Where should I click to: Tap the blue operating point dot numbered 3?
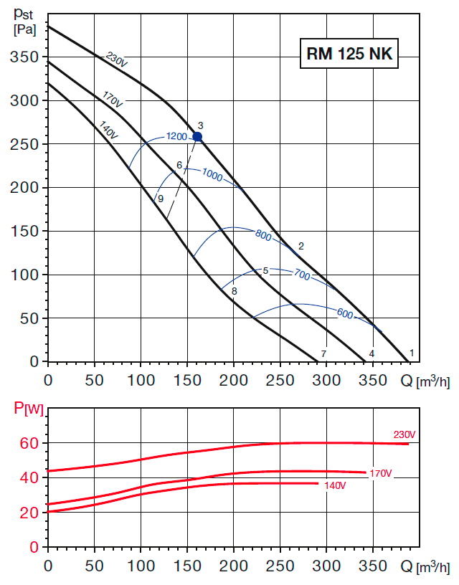pos(197,136)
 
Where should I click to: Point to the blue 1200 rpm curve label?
pos(176,136)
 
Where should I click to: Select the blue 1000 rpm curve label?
pos(212,173)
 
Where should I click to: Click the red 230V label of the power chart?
pos(404,434)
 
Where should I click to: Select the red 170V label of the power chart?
pos(380,474)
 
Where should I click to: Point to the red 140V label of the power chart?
pos(335,486)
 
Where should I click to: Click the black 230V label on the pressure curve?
pos(116,60)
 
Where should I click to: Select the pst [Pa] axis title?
pos(25,21)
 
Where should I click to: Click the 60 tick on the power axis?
pos(28,443)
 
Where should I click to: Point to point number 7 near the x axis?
pos(324,354)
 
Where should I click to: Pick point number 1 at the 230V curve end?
pos(412,353)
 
